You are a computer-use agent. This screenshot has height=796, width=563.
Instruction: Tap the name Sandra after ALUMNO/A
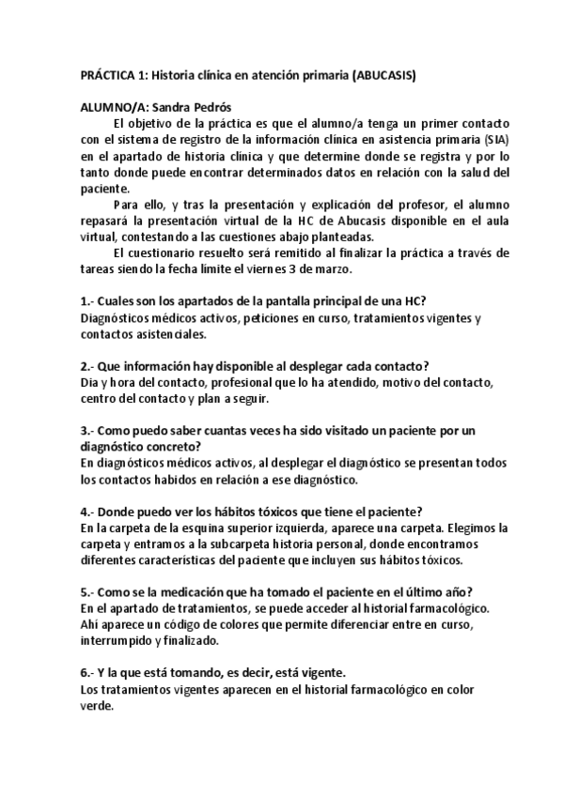(170, 107)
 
